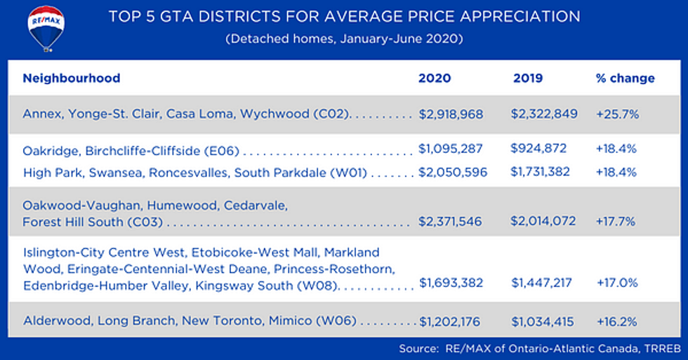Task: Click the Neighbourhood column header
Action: pos(72,78)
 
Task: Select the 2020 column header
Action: pos(435,78)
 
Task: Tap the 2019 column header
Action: pos(527,78)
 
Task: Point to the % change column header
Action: pos(624,78)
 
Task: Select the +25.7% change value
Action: pos(616,114)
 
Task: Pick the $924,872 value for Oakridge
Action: pos(538,149)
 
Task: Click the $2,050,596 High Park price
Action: pos(453,172)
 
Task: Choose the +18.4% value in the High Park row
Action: pos(616,172)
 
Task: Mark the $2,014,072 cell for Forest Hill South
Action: pos(544,221)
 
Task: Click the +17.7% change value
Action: pos(616,221)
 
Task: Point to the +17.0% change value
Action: pos(617,283)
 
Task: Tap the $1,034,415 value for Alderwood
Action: pos(543,321)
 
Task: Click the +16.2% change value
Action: pos(616,321)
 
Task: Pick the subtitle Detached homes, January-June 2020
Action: pos(344,39)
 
